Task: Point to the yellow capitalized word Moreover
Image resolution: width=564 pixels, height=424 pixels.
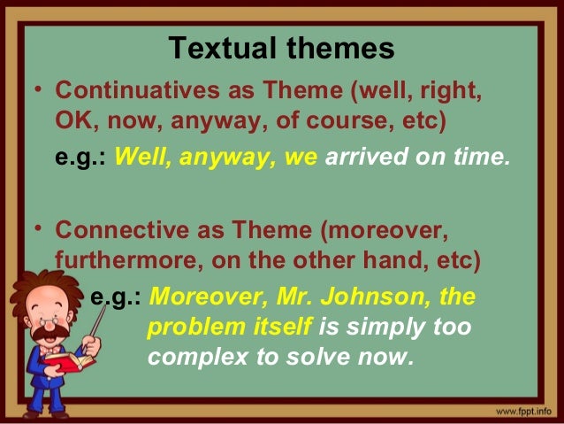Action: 194,296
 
